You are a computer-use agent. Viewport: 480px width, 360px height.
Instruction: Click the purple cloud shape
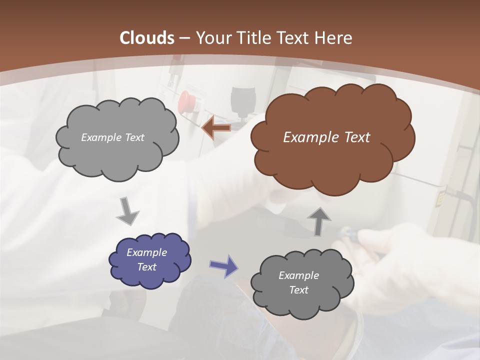click(x=150, y=260)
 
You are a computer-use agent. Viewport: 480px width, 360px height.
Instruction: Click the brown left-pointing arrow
click(x=216, y=128)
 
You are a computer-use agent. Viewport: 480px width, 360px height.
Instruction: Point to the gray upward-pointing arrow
click(x=319, y=220)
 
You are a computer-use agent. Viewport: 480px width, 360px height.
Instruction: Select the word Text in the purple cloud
click(x=147, y=267)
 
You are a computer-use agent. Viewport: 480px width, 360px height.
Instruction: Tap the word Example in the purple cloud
click(x=147, y=252)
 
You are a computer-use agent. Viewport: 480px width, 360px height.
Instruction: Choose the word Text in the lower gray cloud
click(x=298, y=290)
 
